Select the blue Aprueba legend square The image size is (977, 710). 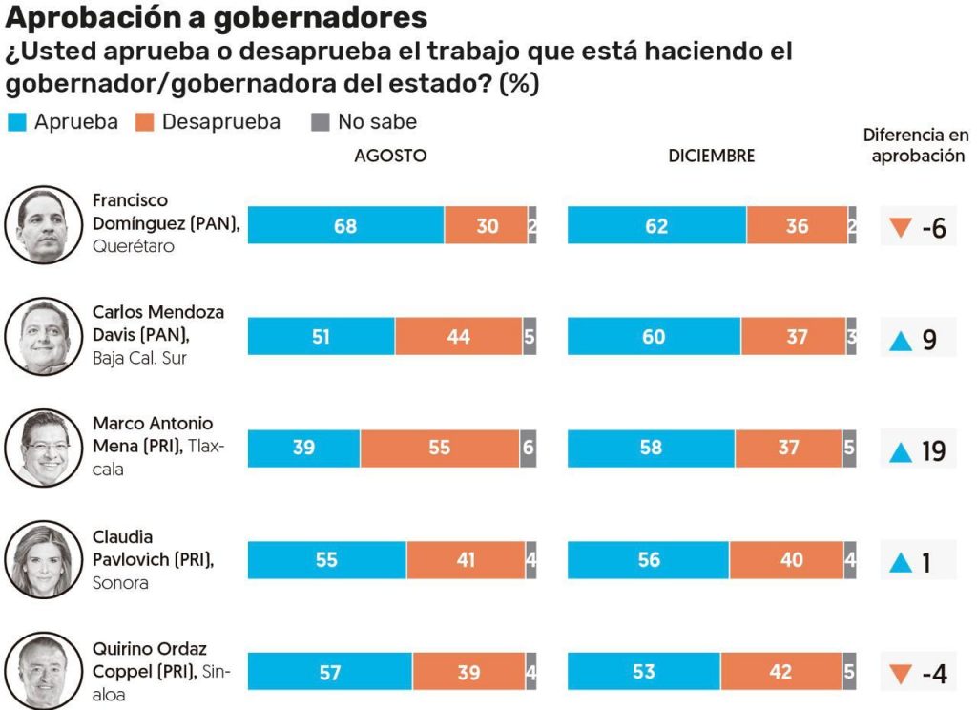tap(16, 122)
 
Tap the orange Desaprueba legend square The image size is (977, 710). tap(144, 122)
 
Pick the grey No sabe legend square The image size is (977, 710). tap(321, 122)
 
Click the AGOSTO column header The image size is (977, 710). tap(390, 156)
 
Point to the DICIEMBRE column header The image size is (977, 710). tap(711, 156)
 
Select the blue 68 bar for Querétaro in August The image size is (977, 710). tap(345, 225)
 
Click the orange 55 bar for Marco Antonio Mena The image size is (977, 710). tap(439, 448)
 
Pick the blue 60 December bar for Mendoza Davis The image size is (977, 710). tap(654, 337)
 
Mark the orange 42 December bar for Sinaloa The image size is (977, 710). tap(780, 672)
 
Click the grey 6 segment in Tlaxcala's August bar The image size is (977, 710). tap(528, 448)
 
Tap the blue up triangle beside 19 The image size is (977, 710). tap(901, 451)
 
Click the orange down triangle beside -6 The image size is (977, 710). tap(901, 229)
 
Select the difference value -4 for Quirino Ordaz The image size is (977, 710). tap(934, 674)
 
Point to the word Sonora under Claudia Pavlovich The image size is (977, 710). tap(120, 582)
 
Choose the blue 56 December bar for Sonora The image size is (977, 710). tap(649, 559)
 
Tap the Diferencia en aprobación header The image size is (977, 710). tap(917, 146)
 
